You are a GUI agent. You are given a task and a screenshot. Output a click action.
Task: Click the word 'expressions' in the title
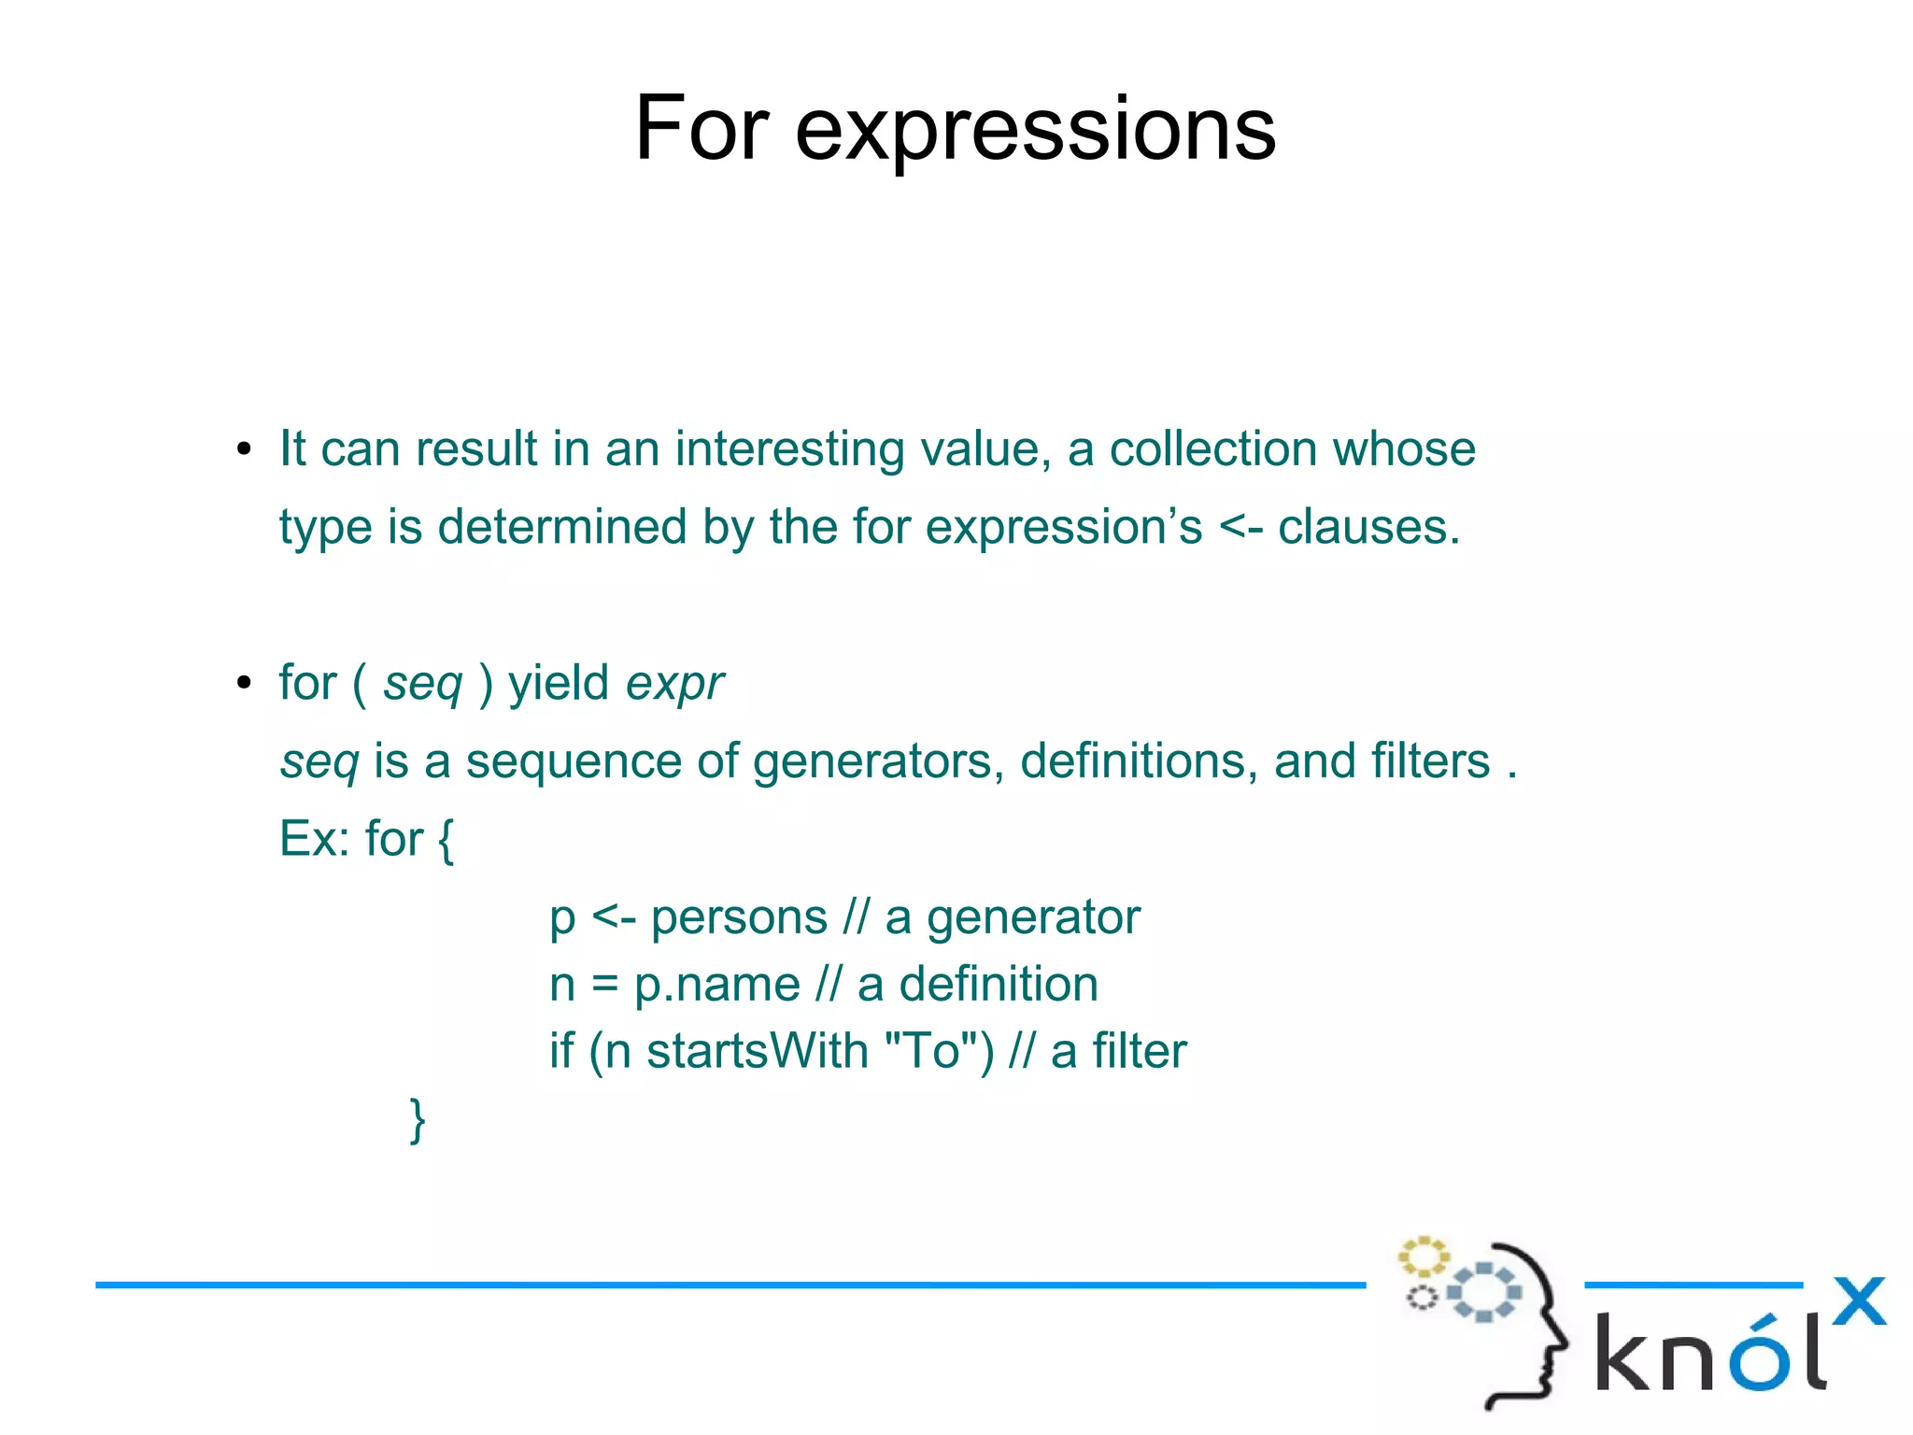tap(1035, 131)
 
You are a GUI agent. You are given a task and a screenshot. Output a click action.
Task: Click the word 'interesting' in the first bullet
tap(789, 449)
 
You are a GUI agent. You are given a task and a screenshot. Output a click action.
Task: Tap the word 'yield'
tap(559, 683)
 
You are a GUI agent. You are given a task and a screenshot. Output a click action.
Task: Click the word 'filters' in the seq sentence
tap(1430, 761)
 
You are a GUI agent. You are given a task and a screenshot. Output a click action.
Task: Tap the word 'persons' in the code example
tap(739, 918)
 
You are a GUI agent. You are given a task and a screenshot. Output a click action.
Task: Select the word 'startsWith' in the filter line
tap(758, 1052)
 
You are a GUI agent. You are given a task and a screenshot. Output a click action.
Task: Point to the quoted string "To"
tap(930, 1052)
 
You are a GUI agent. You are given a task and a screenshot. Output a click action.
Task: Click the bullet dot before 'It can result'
tap(244, 449)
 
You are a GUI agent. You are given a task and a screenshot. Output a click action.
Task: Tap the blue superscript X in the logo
tap(1858, 1301)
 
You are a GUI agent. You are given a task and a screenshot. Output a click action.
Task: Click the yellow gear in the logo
tap(1423, 1257)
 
